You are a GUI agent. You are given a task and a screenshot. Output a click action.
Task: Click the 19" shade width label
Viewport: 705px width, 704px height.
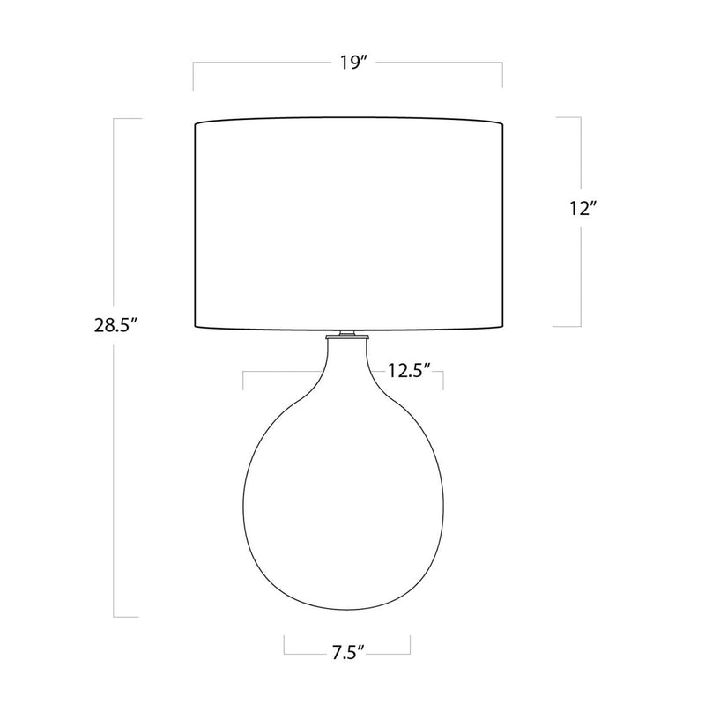[x=353, y=63]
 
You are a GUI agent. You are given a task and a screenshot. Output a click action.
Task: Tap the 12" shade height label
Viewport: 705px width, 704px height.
[x=583, y=208]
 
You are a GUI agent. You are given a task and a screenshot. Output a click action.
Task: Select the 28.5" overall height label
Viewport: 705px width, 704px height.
[x=115, y=325]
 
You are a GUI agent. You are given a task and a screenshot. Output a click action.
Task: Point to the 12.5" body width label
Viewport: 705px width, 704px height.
[x=409, y=371]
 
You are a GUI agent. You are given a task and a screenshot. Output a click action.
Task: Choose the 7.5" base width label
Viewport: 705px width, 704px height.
[x=347, y=653]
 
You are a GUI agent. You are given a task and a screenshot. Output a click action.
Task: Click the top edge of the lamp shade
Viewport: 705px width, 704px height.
[x=348, y=118]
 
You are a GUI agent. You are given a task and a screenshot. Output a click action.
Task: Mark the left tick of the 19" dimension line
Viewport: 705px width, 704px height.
[x=193, y=76]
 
